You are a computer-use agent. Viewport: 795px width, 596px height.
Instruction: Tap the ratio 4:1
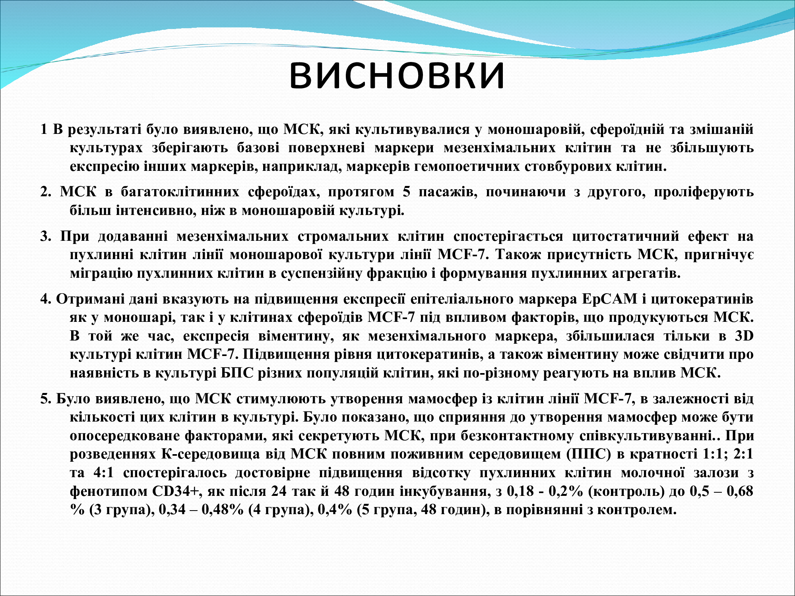[x=104, y=472]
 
